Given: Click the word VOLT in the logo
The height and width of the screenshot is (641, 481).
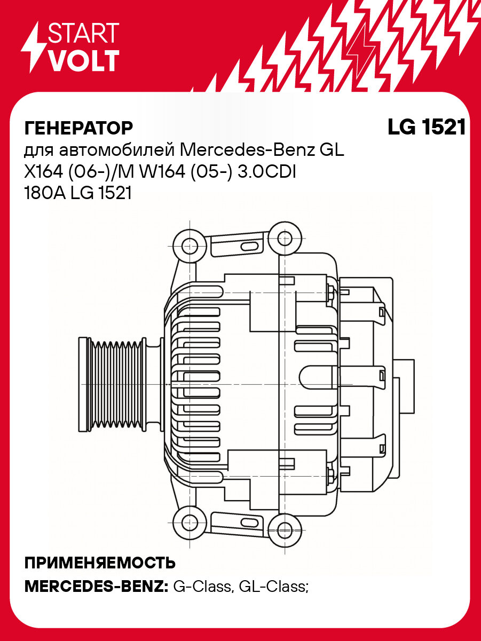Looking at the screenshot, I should (83, 60).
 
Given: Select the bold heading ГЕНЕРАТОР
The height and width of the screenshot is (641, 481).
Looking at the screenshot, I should (78, 128).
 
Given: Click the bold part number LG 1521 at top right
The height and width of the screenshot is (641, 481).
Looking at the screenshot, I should (427, 128).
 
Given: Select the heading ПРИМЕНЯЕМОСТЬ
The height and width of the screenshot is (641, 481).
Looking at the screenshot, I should (100, 563).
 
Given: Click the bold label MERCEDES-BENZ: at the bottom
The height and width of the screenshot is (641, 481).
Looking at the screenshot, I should (96, 587).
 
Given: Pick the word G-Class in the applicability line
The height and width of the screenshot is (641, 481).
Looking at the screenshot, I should (201, 587).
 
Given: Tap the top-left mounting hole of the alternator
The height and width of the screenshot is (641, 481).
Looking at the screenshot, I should (190, 246).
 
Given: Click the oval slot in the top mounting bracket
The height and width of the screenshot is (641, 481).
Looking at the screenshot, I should (248, 247).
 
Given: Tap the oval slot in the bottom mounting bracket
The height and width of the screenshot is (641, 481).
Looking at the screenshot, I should (248, 521).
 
